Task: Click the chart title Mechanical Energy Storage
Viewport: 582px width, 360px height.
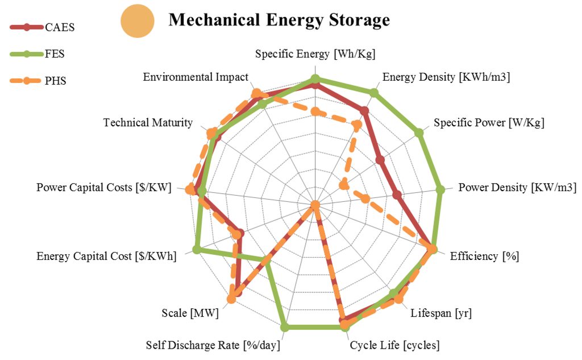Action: pos(279,20)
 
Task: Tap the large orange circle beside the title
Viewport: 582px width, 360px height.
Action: pos(138,22)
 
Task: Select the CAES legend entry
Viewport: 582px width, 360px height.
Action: pos(59,27)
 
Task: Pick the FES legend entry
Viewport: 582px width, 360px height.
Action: pos(57,54)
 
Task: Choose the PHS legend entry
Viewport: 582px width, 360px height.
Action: pos(55,81)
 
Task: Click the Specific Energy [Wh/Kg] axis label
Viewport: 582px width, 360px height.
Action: pos(315,55)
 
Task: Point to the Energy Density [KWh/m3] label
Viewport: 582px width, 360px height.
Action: pos(446,77)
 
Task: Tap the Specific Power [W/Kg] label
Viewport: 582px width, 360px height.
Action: pos(489,122)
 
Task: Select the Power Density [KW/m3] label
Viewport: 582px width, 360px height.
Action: pos(517,188)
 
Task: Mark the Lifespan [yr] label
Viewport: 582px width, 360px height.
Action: pos(441,313)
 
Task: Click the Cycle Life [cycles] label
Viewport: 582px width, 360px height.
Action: pos(394,345)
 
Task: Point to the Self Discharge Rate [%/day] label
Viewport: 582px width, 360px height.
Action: pos(213,345)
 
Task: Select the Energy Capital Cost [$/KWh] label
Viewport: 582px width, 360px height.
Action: pos(107,256)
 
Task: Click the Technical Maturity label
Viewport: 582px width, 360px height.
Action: pos(148,123)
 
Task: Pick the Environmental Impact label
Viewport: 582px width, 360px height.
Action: pos(196,77)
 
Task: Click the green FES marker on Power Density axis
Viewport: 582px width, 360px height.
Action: pos(439,190)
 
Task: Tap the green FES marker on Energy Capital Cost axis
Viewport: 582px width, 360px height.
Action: pos(197,249)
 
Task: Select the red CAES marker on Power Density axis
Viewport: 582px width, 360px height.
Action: pos(397,196)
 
